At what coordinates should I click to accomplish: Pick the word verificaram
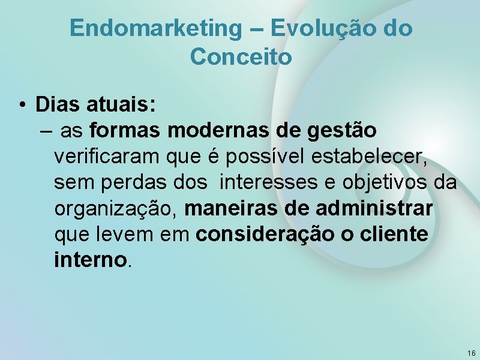click(x=107, y=157)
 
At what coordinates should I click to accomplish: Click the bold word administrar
click(x=375, y=208)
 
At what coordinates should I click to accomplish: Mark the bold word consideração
click(x=263, y=235)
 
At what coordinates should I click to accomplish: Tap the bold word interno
click(x=91, y=260)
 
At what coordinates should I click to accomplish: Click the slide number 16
click(x=471, y=353)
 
